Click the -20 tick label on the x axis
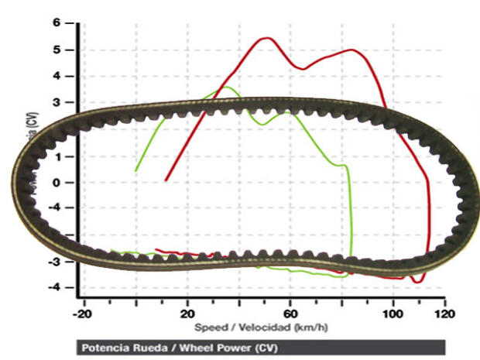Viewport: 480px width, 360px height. coord(84,314)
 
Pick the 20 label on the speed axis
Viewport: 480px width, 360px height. coord(187,314)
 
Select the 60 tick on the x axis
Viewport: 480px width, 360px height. coord(290,314)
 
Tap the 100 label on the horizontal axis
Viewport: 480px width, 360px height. coord(393,314)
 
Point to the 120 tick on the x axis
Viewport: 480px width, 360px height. coord(444,314)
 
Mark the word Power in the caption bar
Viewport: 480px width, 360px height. coord(225,347)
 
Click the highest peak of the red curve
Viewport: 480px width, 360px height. coord(267,37)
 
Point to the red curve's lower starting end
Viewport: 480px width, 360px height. coord(166,180)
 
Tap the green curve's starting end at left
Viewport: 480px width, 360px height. coord(136,170)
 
